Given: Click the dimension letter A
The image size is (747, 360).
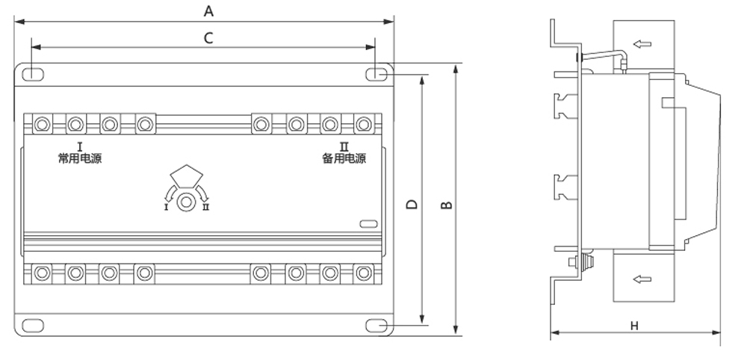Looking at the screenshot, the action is (x=208, y=10).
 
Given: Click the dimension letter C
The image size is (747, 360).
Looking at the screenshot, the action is (x=208, y=37).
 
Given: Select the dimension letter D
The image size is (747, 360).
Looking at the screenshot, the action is (x=412, y=205).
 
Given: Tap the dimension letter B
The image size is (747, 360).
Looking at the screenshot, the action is (x=446, y=205).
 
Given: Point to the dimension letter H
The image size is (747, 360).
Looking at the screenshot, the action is (x=634, y=326).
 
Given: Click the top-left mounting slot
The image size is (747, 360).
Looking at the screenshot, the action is (x=33, y=74).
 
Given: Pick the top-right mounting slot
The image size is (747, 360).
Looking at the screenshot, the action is (x=376, y=74).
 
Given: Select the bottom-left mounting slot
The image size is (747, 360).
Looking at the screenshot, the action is (x=33, y=326).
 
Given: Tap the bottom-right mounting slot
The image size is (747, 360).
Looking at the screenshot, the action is (x=376, y=326).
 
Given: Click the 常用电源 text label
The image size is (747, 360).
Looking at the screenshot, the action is (x=80, y=158).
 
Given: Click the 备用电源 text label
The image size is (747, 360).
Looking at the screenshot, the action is (x=344, y=158).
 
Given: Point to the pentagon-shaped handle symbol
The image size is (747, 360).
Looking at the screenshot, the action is (x=187, y=175).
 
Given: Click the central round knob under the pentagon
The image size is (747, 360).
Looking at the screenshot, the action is (x=186, y=202).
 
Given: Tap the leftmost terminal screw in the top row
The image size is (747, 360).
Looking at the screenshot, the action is (x=42, y=124).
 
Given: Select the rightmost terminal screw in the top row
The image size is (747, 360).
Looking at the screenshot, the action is (x=364, y=124).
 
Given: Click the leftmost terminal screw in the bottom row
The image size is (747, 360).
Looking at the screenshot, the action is (x=42, y=273).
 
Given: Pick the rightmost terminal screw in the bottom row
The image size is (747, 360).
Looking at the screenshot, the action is (x=364, y=273).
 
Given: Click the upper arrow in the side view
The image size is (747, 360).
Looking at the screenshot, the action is (x=642, y=44).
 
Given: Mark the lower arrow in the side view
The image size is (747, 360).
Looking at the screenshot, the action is (x=642, y=279).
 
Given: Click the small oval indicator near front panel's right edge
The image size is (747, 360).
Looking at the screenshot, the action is (x=368, y=224).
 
